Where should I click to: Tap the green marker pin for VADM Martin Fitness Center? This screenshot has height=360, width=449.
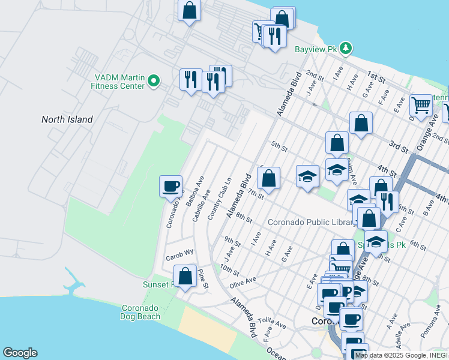coord(154,80)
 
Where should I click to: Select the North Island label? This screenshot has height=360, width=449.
coord(67,119)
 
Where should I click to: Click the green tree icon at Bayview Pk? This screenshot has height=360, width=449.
coord(345,47)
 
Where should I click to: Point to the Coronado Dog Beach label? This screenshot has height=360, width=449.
coord(140,312)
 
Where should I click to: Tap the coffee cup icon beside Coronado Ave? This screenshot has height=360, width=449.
coord(171,186)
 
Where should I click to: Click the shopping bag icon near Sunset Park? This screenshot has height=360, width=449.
coord(185,277)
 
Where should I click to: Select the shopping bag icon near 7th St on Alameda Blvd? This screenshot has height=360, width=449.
coord(269,178)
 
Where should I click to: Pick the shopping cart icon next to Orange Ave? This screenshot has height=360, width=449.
coord(421,105)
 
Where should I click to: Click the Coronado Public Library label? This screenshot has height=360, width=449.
coord(310,223)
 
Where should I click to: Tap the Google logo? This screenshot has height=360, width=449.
coord(20,353)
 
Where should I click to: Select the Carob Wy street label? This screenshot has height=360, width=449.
coord(179,253)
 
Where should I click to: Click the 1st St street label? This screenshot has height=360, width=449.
coord(376,77)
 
